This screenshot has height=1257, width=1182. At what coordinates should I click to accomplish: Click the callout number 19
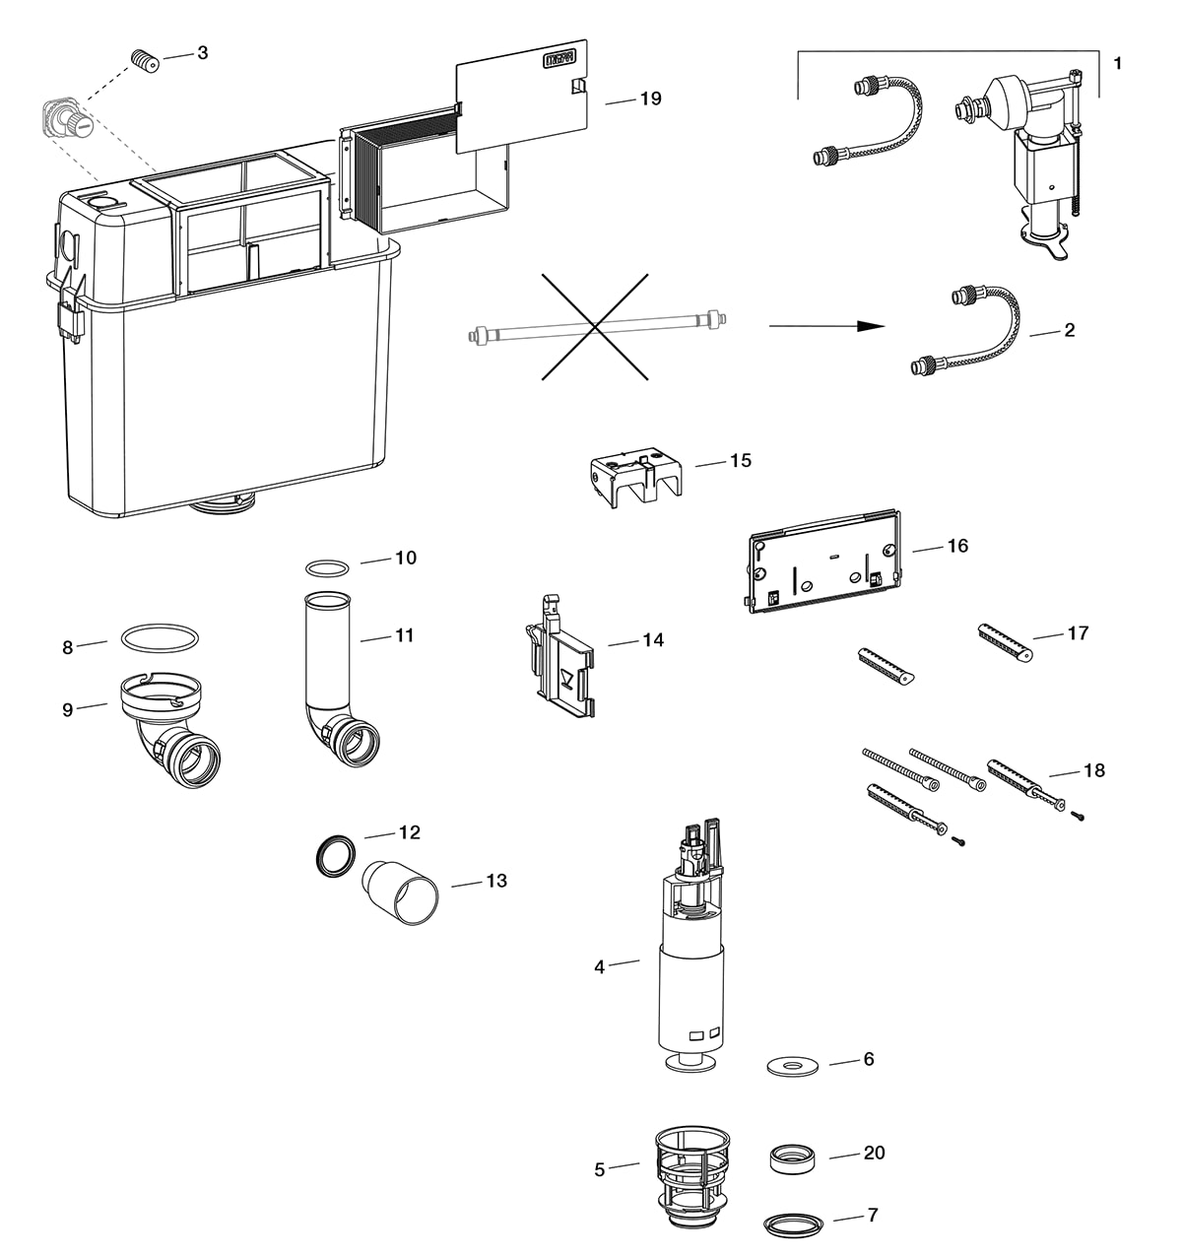pos(650,99)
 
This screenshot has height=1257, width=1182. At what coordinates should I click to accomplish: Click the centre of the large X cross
pos(595,327)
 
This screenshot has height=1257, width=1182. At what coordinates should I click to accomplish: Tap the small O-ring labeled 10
pos(328,568)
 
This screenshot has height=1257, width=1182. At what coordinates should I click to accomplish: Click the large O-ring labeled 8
pos(159,637)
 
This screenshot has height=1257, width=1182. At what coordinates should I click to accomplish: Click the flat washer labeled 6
pos(793,1066)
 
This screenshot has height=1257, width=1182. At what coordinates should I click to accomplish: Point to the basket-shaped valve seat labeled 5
pos(692,1178)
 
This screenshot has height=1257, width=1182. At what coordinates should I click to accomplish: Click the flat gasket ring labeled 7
pos(793,1224)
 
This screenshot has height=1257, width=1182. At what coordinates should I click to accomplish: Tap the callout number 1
pos(1117,63)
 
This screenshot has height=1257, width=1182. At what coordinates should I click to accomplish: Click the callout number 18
pos(1093,770)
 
